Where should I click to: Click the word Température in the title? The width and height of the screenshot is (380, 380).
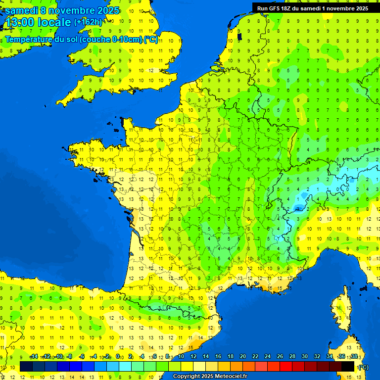[x=28, y=40]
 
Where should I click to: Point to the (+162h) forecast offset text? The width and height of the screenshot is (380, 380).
[x=88, y=22]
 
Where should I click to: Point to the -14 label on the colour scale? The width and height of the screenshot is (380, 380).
[x=34, y=356]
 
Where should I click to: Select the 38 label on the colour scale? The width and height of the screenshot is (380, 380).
[x=354, y=356]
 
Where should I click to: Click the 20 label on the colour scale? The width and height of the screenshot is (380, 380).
[x=243, y=356]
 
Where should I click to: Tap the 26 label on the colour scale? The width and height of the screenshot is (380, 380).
[x=280, y=356]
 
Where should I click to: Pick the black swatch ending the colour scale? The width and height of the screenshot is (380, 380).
[x=348, y=366]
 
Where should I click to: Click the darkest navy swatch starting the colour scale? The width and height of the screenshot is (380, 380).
[x=26, y=366]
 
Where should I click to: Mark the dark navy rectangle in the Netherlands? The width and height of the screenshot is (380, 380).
[x=239, y=36]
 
